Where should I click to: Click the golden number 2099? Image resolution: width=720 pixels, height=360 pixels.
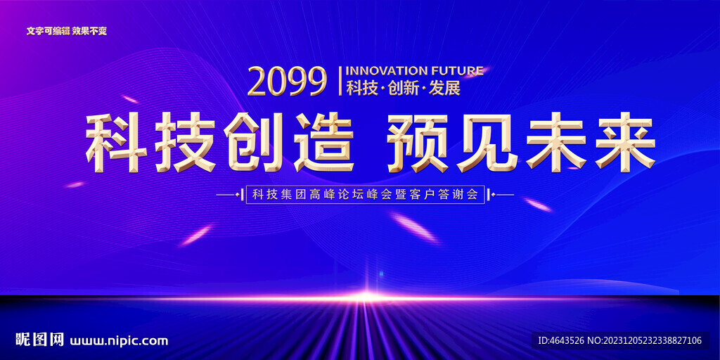click(x=287, y=82)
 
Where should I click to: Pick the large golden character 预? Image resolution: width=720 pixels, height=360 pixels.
click(x=418, y=142)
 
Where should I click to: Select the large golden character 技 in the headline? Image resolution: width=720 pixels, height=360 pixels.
click(x=186, y=142)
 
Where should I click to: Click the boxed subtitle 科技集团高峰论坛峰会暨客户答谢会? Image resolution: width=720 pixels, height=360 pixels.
click(x=365, y=195)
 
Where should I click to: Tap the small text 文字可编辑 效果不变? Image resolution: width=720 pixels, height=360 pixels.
click(x=67, y=31)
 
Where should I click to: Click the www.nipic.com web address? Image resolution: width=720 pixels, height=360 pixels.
click(x=119, y=341)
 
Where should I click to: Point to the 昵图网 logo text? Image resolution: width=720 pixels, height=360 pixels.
click(x=39, y=340)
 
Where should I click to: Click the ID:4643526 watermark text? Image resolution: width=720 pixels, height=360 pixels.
click(x=561, y=340)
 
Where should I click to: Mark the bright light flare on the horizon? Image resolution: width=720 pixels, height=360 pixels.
click(x=366, y=297)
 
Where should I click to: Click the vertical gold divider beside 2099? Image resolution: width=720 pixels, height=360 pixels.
click(x=340, y=82)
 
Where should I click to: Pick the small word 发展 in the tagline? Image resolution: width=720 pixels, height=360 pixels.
click(x=444, y=88)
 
